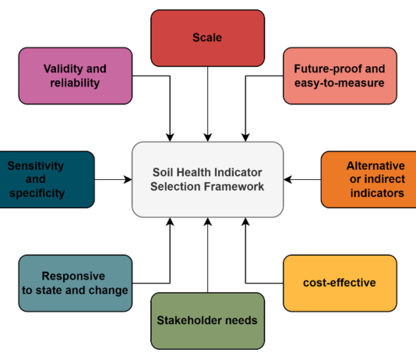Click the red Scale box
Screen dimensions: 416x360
pyautogui.click(x=207, y=38)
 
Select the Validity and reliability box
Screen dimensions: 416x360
pyautogui.click(x=76, y=76)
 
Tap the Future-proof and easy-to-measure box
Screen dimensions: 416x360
pyautogui.click(x=340, y=76)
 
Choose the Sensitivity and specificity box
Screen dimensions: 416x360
pyautogui.click(x=47, y=179)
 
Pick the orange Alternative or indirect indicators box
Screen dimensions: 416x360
pyautogui.click(x=368, y=179)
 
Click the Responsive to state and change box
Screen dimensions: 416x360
pyautogui.click(x=76, y=284)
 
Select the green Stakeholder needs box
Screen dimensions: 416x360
pyautogui.click(x=207, y=321)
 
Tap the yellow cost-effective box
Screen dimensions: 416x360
pyautogui.click(x=340, y=284)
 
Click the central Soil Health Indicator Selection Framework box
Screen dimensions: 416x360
pyautogui.click(x=207, y=179)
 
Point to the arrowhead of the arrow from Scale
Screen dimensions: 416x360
pyautogui.click(x=208, y=138)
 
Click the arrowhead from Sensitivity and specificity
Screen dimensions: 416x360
pyautogui.click(x=128, y=179)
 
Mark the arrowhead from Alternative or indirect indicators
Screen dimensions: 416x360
pyautogui.click(x=287, y=179)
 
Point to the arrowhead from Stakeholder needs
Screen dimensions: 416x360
pyautogui.click(x=208, y=221)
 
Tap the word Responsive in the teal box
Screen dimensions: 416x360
pyautogui.click(x=73, y=277)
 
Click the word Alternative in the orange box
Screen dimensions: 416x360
pyautogui.click(x=375, y=166)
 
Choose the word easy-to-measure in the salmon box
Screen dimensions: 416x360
pyautogui.click(x=340, y=83)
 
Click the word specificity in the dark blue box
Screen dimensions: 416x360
pyautogui.click(x=37, y=193)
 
